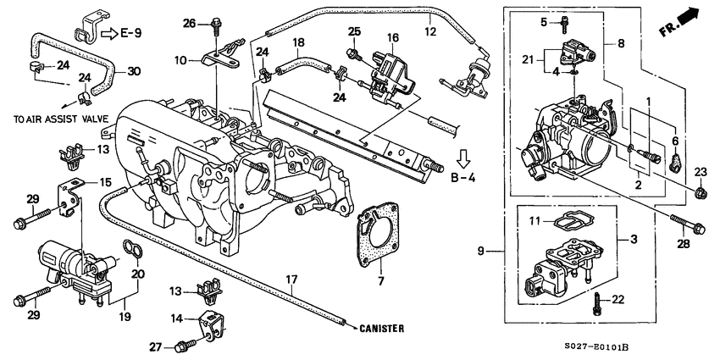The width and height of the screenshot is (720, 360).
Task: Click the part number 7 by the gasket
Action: point(380,280)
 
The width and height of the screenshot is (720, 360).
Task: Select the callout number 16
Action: point(392,38)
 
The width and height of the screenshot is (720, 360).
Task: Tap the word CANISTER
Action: point(381,328)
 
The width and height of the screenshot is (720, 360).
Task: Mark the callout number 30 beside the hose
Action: point(133,71)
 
